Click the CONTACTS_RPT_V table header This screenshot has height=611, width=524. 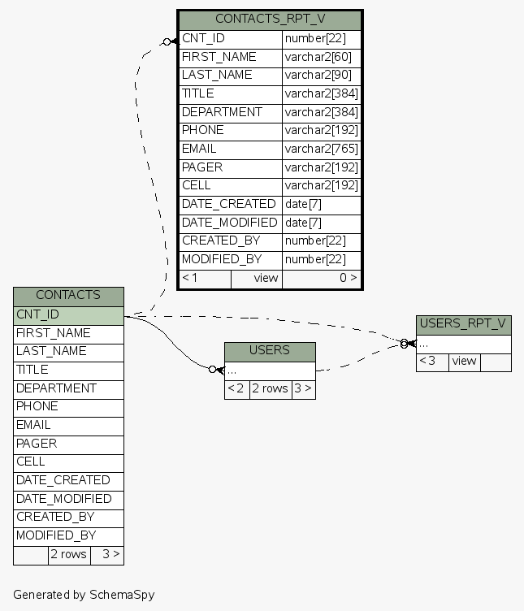pos(270,19)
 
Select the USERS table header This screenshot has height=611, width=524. pos(270,350)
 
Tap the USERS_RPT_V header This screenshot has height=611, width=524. pos(463,324)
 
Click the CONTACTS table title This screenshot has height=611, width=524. pos(68,295)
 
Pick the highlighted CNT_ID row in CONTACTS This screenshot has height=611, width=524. pos(68,314)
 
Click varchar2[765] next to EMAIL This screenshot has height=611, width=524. pos(321,149)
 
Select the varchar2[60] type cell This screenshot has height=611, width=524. pos(321,57)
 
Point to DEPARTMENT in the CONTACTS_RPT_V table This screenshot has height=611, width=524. pos(222,112)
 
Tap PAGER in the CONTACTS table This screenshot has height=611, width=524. pos(37,444)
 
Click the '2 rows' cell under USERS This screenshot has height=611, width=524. pos(270,389)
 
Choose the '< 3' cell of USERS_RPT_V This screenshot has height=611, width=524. pos(431,362)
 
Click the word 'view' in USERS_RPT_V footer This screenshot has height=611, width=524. pos(464,362)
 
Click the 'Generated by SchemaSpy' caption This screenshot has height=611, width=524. pos(84,595)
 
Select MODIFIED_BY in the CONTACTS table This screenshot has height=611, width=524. pos(56,535)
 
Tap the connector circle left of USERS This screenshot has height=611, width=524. pos(213,369)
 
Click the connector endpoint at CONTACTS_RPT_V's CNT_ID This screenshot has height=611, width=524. pos(167,41)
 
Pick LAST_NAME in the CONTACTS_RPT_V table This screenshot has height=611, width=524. pos(217,75)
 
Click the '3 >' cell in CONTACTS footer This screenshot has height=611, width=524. pos(107,555)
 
